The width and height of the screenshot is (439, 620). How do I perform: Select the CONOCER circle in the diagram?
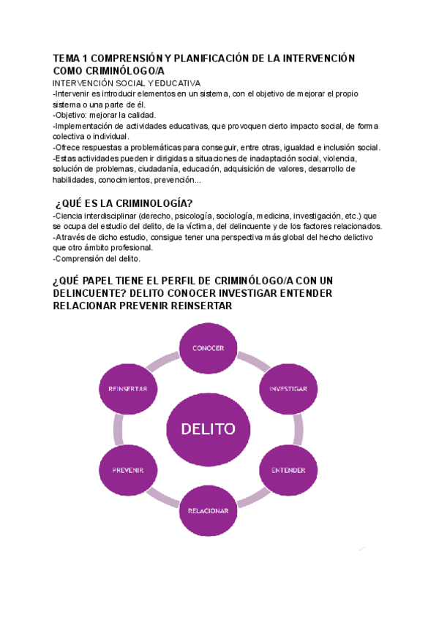[209, 347]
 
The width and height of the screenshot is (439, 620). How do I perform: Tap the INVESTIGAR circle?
[288, 388]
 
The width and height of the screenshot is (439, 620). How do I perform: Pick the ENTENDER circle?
[288, 469]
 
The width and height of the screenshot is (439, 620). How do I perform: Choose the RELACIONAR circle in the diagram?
[209, 510]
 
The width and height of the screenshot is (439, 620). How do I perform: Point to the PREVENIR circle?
[127, 469]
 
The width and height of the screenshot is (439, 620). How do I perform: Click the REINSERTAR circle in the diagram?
[127, 388]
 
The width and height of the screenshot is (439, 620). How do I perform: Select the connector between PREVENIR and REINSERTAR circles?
[118, 429]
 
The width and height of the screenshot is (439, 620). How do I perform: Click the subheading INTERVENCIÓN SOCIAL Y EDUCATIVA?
[127, 83]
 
